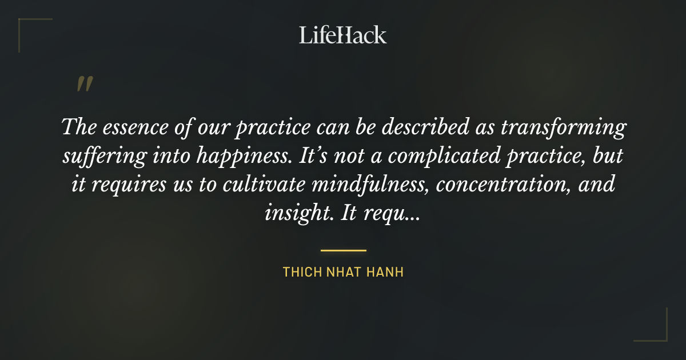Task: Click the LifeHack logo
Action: [343, 35]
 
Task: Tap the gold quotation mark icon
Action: [85, 85]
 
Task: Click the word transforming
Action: [563, 129]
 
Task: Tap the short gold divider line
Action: [343, 250]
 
